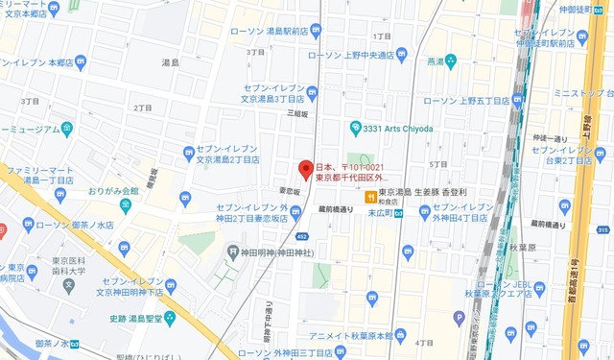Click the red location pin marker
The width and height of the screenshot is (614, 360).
click(x=306, y=169)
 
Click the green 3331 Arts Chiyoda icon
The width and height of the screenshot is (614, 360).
click(x=355, y=127)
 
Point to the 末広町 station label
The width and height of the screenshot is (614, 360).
click(x=382, y=214)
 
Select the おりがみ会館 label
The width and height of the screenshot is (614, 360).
click(x=112, y=191)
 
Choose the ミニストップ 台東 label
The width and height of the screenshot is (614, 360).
click(x=575, y=92)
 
